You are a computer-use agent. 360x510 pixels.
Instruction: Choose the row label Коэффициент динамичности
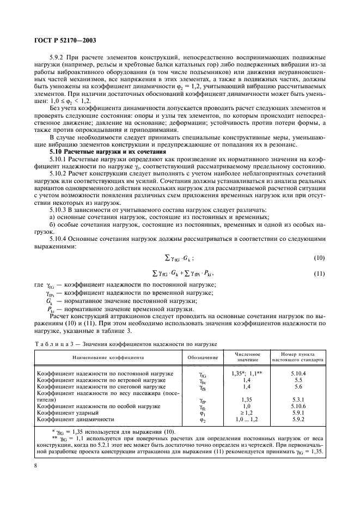[x=75, y=420]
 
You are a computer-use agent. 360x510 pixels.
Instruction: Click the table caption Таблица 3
[x=53, y=344]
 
